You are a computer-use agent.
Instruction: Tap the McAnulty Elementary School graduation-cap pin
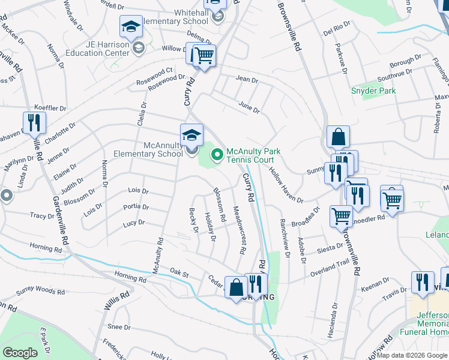pyautogui.click(x=191, y=134)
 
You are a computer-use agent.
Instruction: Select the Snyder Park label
pyautogui.click(x=373, y=91)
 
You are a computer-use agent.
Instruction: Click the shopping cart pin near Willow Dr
pyautogui.click(x=203, y=56)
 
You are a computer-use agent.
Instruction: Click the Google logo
pyautogui.click(x=20, y=352)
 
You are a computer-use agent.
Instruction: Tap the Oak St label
pyautogui.click(x=179, y=274)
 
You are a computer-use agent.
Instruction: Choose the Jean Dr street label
pyautogui.click(x=247, y=79)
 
